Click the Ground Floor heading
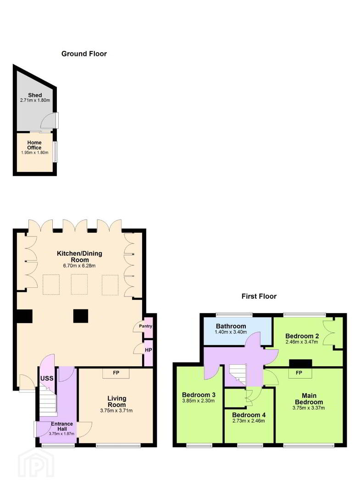[x=84, y=54]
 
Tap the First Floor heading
[x=259, y=296]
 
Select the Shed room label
[x=35, y=95]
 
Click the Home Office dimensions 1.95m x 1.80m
[x=35, y=153]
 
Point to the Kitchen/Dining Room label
[x=80, y=256]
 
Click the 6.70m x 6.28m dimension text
[x=79, y=266]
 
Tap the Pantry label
[x=145, y=326]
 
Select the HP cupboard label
[x=149, y=350]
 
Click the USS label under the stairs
[x=47, y=378]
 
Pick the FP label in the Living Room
[x=116, y=373]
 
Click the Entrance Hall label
[x=62, y=427]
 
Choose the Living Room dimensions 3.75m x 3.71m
[x=116, y=411]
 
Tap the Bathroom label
[x=231, y=326]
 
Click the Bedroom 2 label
[x=302, y=336]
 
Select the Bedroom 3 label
[x=199, y=395]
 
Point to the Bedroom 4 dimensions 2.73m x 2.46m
[x=249, y=421]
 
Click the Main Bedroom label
[x=309, y=399]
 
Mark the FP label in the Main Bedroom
[x=299, y=373]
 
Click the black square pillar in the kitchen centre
[x=81, y=316]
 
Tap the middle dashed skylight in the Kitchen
[x=79, y=285]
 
